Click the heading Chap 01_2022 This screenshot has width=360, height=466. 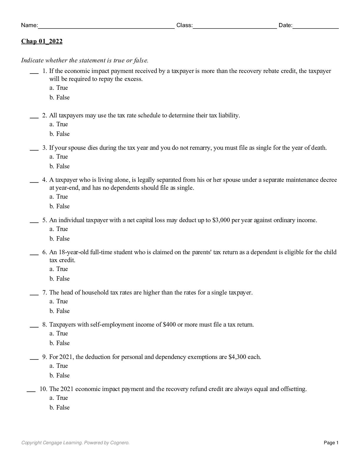click(x=42, y=41)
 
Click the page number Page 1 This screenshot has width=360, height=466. click(x=331, y=443)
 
